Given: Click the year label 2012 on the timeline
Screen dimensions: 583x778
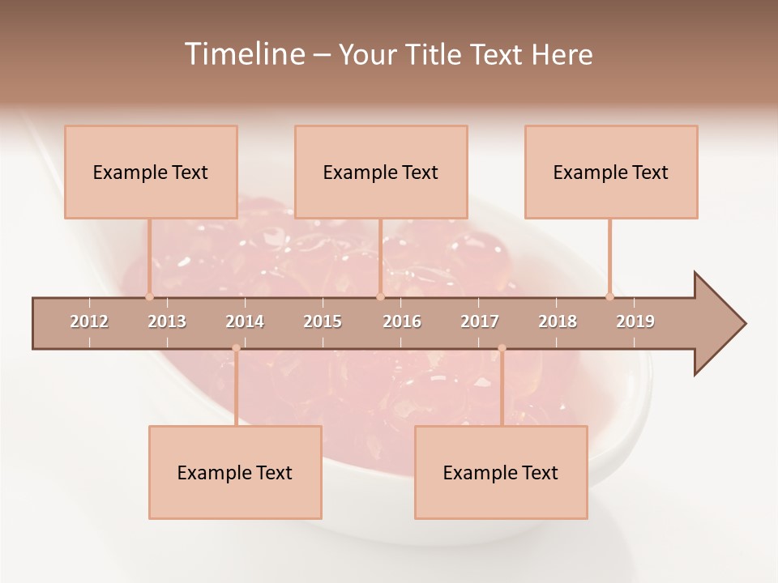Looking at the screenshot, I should point(89,321).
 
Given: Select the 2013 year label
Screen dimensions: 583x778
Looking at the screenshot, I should point(167,321).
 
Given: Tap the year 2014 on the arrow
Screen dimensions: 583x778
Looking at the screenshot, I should point(245,321).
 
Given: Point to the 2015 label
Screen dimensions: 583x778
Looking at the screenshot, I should point(323,321).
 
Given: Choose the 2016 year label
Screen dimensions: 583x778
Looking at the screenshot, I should point(402,321).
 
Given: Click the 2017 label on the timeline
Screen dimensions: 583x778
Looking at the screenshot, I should point(480,321).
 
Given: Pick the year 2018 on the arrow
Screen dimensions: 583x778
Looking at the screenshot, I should point(558,321).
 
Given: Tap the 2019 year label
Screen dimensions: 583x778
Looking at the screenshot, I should point(635,321).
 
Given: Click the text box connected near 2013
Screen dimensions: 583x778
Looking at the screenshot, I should point(151,172).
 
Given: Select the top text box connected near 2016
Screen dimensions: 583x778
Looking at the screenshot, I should point(381,172).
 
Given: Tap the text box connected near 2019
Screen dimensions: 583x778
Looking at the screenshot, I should point(611,172).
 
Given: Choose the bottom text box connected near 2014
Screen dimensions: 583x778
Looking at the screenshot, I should point(235,472).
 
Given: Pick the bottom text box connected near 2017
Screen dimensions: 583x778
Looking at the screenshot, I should point(501,472).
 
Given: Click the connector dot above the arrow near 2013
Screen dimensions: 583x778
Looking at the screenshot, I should point(149,296).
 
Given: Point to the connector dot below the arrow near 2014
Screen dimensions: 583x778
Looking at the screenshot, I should point(236,348).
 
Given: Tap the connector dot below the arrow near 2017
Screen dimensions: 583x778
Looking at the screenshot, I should point(502,348).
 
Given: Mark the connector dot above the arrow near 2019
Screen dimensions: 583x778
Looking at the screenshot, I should point(609,296).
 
